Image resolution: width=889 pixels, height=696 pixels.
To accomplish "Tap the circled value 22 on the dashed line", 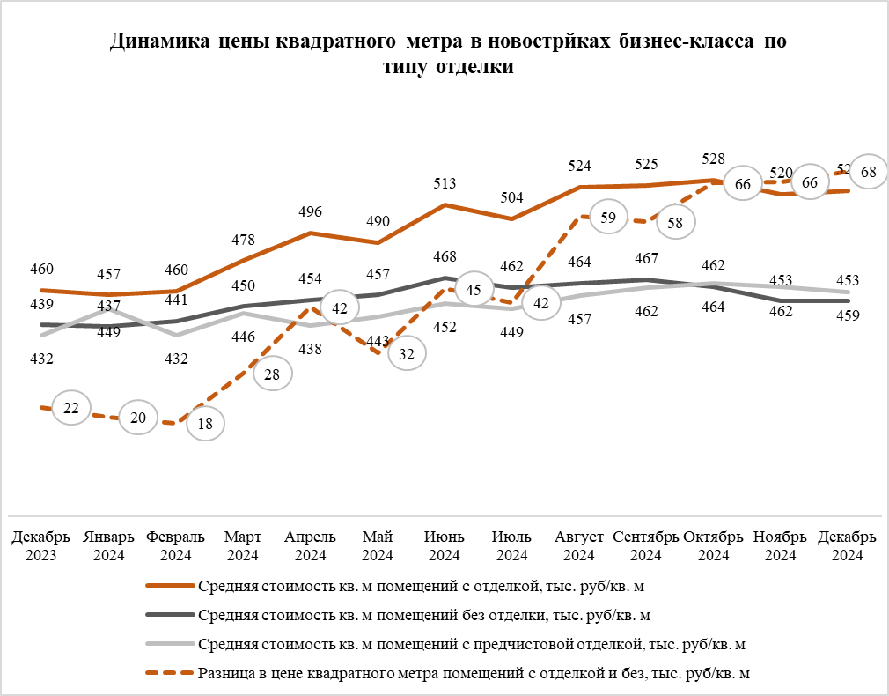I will [71, 407].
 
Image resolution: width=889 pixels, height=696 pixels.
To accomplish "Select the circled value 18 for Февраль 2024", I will [205, 424].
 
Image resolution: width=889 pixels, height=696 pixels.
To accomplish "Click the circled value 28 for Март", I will [272, 374].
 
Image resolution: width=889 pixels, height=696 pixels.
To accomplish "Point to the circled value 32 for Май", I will [407, 353].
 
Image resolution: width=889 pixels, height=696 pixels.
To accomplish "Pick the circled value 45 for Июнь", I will [473, 290].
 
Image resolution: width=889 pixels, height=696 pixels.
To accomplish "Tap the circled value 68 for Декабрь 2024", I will [868, 173].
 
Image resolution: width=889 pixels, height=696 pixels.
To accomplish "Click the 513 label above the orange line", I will [445, 184].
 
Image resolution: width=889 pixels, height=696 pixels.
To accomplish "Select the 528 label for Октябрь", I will [713, 159].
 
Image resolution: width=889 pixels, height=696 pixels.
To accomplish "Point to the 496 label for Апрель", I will [311, 211].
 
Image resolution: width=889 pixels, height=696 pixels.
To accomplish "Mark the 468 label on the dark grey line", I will [445, 257].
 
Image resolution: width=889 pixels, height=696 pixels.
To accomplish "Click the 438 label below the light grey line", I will [311, 349].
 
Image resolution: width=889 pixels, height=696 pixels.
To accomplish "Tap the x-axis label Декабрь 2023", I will [41, 546].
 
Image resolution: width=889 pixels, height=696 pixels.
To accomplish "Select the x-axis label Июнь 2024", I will [444, 546].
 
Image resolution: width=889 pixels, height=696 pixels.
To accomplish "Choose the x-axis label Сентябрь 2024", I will [646, 546].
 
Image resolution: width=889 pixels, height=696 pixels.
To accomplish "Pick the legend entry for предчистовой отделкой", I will [473, 644].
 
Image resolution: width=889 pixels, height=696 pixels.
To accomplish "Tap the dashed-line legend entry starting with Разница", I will [474, 673].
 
